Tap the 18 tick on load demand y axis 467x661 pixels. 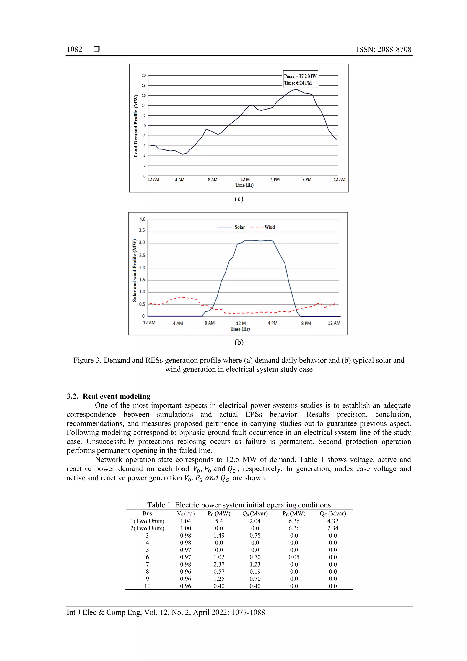[144, 86]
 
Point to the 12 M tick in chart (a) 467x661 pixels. [245, 179]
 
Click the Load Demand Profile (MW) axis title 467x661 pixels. [135, 126]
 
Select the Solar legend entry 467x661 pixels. [232, 227]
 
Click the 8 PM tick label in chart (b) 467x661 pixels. [306, 323]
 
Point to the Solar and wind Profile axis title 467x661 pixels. [134, 270]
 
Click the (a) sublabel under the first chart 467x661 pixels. [239, 199]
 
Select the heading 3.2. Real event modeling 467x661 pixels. [109, 396]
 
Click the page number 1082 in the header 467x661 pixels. [75, 49]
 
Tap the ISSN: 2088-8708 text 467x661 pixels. [384, 49]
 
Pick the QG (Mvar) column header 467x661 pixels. [333, 513]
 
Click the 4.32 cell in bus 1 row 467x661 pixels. [333, 521]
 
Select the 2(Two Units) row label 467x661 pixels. [147, 528]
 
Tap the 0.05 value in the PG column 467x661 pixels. [294, 557]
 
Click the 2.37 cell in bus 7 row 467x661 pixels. [219, 564]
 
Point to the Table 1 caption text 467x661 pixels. [239, 505]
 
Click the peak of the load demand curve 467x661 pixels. [296, 89]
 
